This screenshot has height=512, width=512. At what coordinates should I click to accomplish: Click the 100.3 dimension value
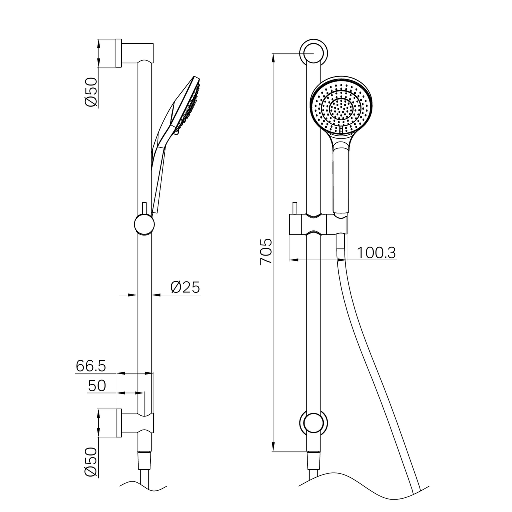(377, 253)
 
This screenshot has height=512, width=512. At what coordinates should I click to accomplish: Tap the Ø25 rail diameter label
(185, 287)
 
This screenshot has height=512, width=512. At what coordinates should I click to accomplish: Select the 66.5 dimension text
(91, 366)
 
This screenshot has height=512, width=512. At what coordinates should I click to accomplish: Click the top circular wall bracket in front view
(313, 52)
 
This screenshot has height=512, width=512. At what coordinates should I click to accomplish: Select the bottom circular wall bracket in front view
(313, 423)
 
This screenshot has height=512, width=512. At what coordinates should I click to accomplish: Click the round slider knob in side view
(144, 224)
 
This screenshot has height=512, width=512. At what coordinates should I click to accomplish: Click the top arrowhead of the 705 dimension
(273, 57)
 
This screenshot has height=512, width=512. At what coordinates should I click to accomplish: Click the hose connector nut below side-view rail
(144, 459)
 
